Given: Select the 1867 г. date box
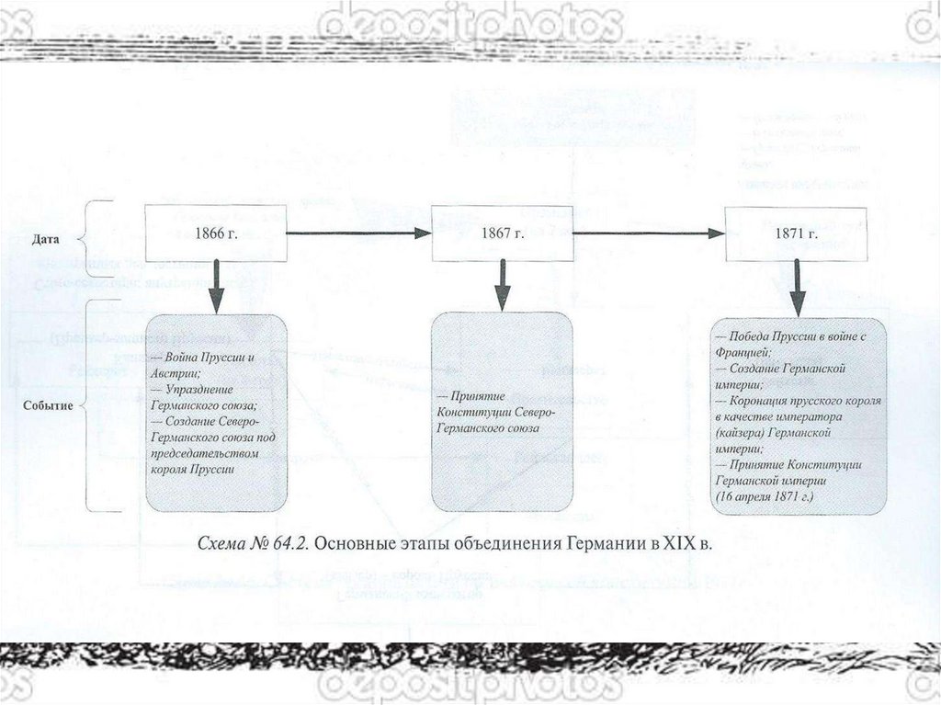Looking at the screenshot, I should click(x=502, y=233).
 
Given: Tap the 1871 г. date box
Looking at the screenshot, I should click(x=796, y=233).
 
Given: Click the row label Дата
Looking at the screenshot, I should click(x=46, y=238).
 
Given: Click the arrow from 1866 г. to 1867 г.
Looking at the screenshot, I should click(x=358, y=233).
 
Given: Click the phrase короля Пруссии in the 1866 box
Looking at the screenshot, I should click(x=191, y=470).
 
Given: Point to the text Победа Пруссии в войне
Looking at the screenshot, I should click(x=790, y=336).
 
